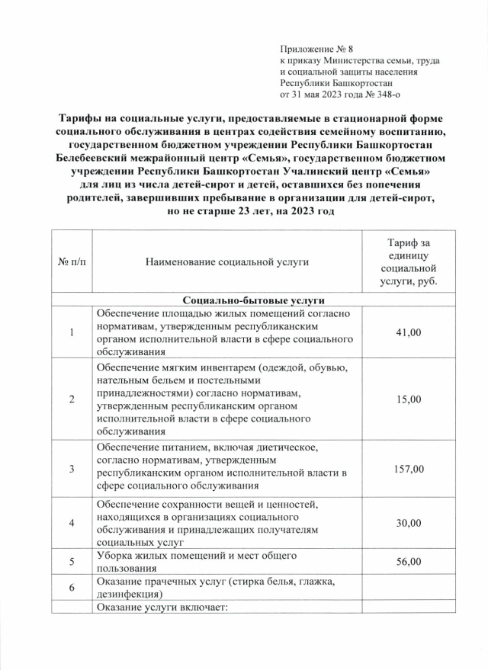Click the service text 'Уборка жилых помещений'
160,556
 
